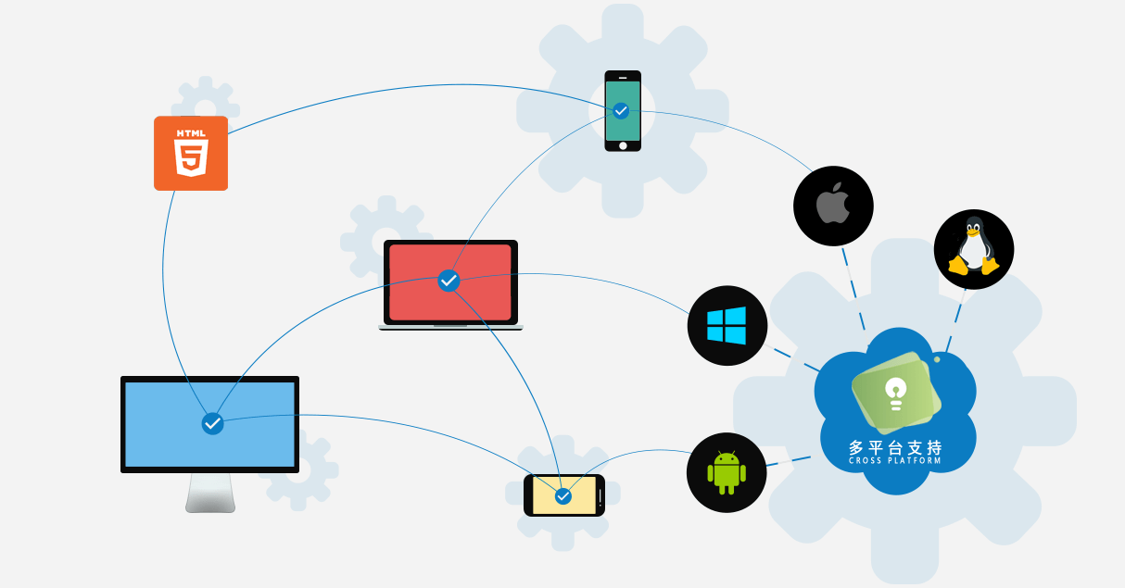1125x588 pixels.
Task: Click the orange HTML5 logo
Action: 191,154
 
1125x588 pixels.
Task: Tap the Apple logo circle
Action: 833,206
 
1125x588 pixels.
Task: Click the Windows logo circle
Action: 727,326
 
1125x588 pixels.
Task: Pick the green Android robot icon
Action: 727,472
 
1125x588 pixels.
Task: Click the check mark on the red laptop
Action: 449,281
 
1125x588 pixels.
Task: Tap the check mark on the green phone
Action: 621,111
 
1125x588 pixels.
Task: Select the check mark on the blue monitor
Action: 212,424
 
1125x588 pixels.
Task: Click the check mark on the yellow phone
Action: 563,496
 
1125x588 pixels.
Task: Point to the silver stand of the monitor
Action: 210,493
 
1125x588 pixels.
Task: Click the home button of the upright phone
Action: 623,146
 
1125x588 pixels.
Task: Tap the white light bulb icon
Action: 896,394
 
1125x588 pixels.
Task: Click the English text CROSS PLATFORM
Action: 894,460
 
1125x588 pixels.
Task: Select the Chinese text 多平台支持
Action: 895,447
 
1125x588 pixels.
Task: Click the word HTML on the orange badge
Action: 191,133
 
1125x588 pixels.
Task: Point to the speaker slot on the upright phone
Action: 623,78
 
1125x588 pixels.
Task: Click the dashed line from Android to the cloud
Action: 789,461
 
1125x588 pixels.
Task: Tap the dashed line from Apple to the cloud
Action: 853,289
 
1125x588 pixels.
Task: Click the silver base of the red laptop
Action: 450,327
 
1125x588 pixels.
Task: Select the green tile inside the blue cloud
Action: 896,393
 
